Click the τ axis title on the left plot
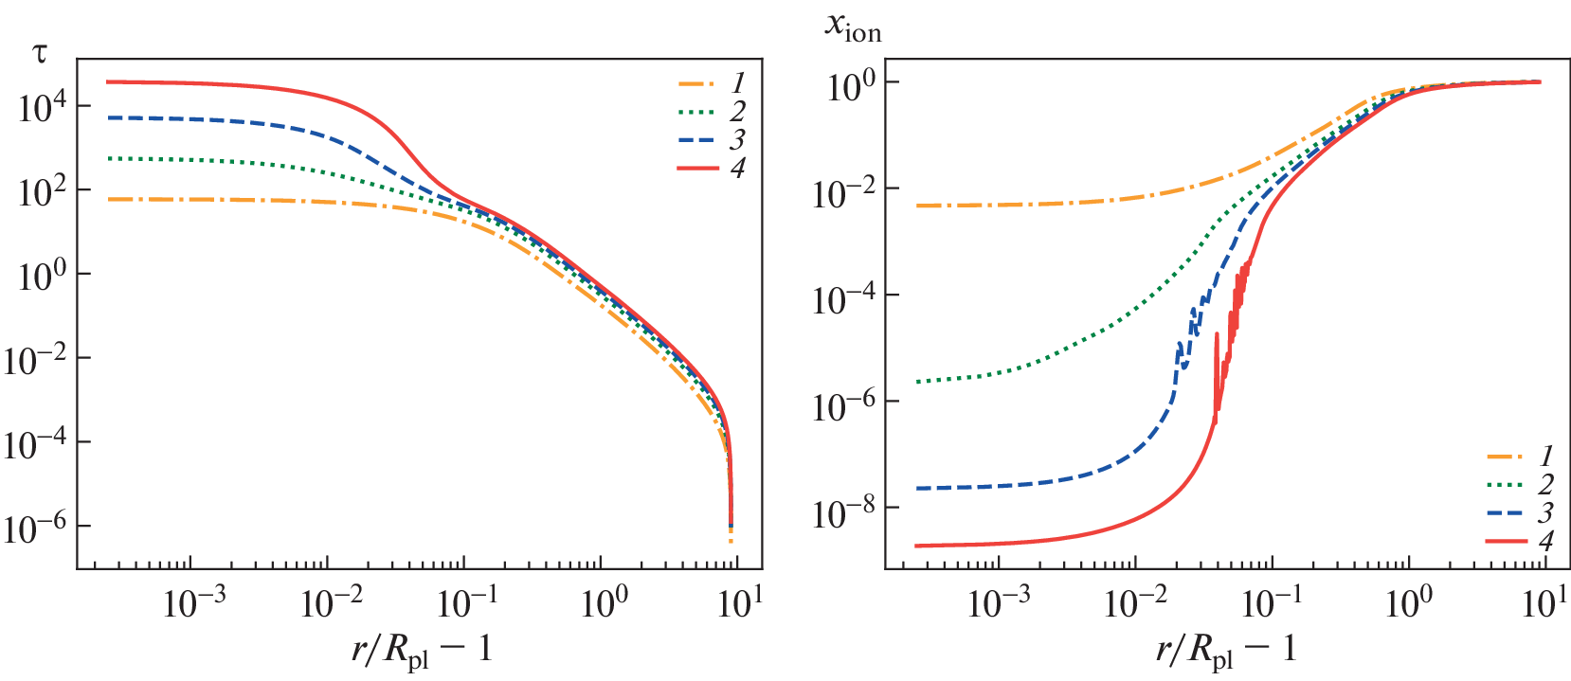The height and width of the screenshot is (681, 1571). [x=39, y=53]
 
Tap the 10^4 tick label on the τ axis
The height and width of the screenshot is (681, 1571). [x=43, y=107]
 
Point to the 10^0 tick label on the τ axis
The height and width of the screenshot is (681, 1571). [x=43, y=276]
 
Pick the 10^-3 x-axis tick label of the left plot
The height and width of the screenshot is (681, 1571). [x=194, y=602]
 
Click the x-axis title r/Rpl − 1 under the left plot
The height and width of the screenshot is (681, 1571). [x=421, y=651]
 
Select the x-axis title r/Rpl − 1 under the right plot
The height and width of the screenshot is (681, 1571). [x=1225, y=651]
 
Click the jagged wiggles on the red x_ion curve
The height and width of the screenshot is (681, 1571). [x=1232, y=322]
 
